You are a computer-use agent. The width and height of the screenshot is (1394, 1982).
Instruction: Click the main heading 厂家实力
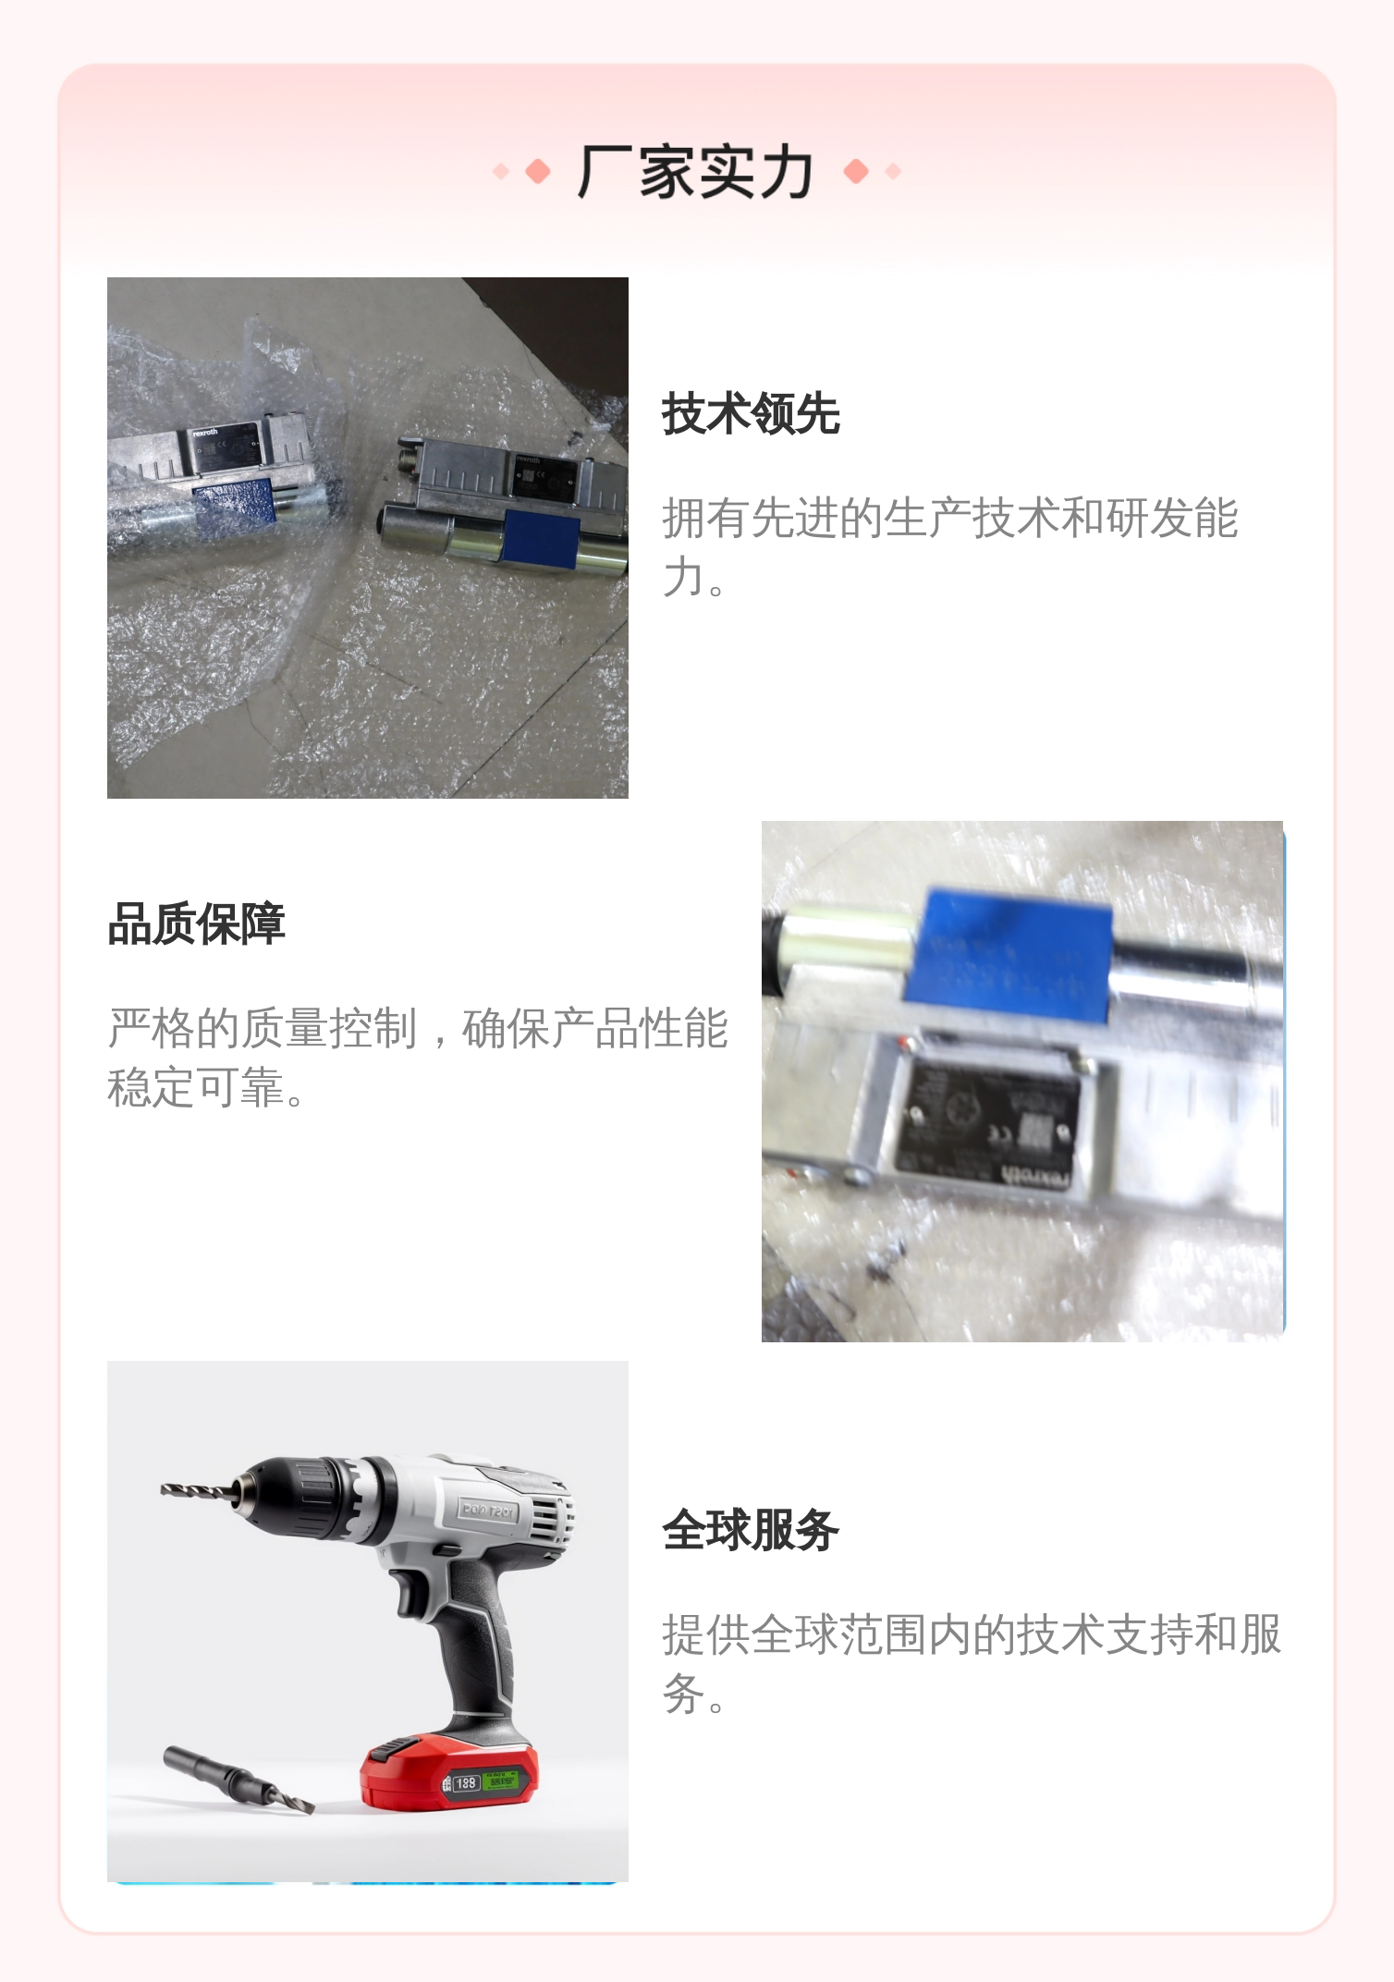[695, 172]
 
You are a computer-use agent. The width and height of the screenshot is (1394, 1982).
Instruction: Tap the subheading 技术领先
[750, 413]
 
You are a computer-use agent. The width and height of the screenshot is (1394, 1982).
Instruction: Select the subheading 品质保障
[196, 924]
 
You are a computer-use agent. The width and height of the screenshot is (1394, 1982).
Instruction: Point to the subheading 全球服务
[750, 1530]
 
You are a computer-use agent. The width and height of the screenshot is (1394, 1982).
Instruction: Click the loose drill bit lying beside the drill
[238, 1780]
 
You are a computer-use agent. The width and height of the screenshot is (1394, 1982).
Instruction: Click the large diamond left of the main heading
[538, 172]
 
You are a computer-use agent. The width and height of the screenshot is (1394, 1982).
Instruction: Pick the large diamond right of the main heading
[856, 172]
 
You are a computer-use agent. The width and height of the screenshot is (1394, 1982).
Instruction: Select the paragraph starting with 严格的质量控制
[418, 1057]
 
